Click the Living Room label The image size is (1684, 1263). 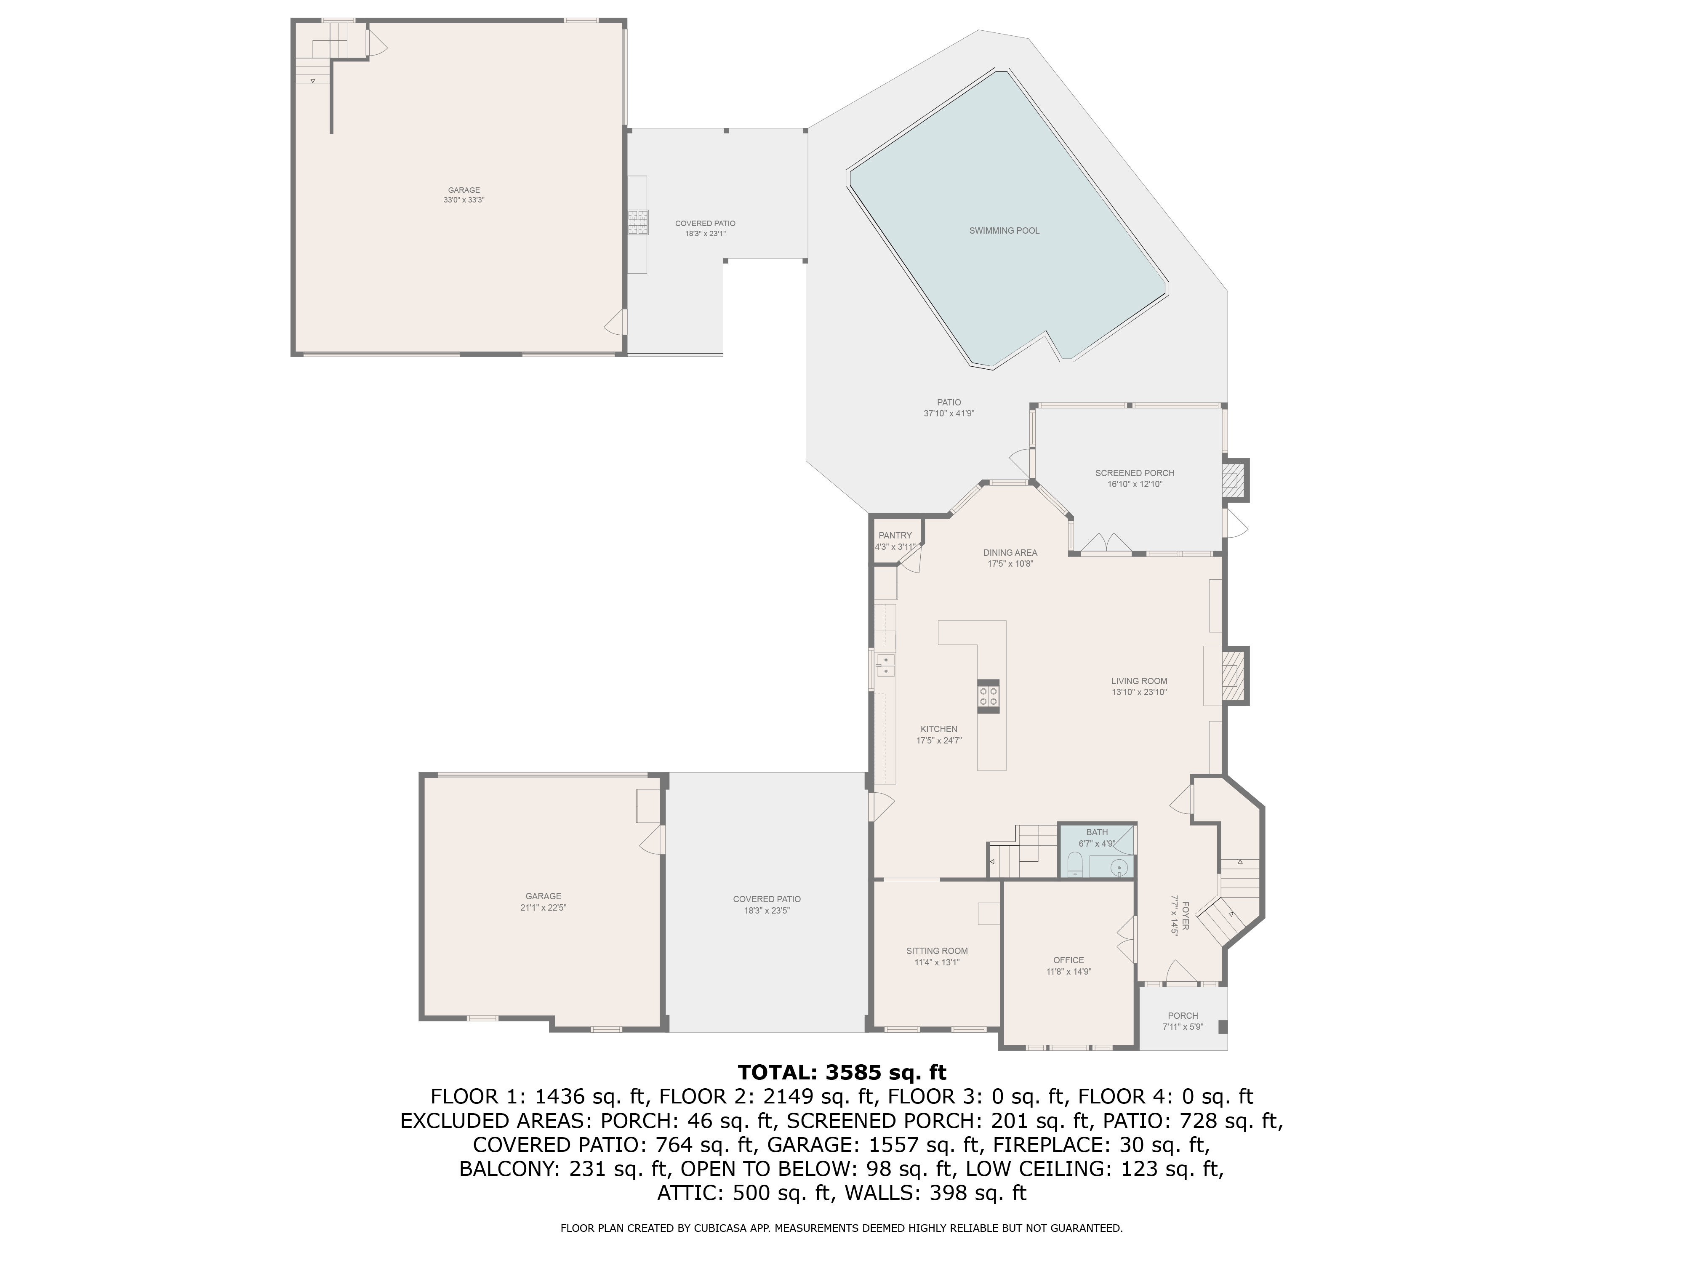point(1139,681)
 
